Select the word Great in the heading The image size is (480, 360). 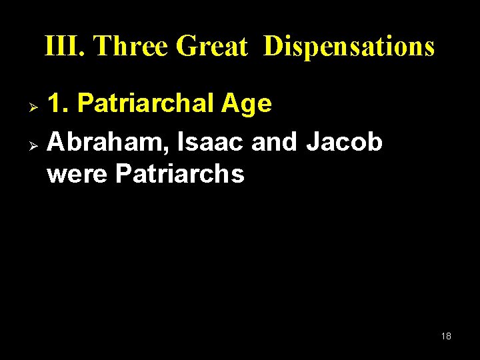211,47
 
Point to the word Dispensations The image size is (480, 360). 349,47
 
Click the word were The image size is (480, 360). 77,174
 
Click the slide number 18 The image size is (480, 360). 446,336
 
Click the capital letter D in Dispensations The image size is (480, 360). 273,47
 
